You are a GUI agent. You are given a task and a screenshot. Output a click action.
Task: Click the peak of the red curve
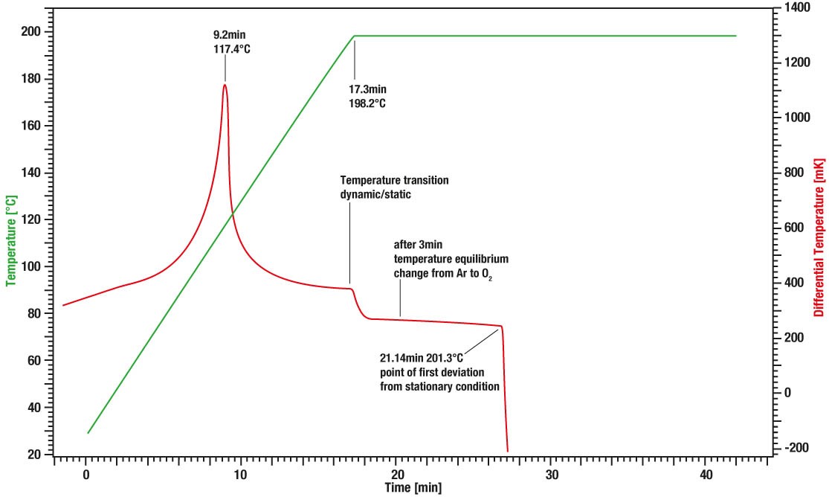(225, 85)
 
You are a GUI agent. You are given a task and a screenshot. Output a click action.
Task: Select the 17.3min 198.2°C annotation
(367, 96)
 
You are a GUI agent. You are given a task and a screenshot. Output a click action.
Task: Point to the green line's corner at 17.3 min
(355, 36)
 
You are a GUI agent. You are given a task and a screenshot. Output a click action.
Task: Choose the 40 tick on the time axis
(706, 475)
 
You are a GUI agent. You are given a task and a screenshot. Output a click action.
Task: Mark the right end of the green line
(736, 36)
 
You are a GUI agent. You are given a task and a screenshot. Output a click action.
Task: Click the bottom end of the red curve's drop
(508, 451)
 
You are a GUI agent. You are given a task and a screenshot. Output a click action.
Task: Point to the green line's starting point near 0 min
(88, 433)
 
